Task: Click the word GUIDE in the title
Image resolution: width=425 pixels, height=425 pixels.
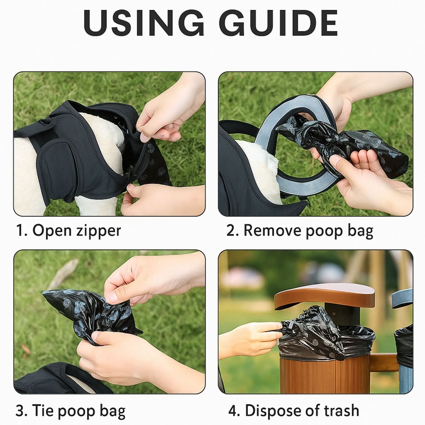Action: tap(279, 23)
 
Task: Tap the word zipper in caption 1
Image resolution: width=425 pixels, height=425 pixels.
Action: tap(98, 231)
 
